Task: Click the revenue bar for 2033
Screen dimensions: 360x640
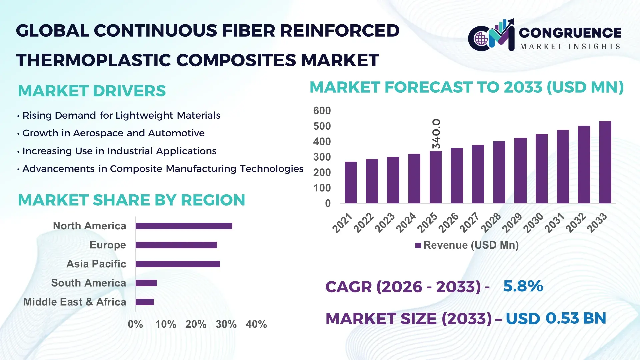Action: click(x=605, y=162)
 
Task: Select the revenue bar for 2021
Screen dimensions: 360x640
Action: click(x=350, y=183)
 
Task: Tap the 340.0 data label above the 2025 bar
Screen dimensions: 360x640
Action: click(x=436, y=134)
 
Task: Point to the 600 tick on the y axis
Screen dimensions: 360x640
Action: click(x=322, y=111)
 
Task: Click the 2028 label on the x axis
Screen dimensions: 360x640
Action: click(x=491, y=222)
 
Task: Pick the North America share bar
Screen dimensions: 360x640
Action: click(x=184, y=226)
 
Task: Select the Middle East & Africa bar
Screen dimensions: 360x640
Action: click(x=144, y=302)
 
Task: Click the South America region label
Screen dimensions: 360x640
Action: click(x=88, y=283)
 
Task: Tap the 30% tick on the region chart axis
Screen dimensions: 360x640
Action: click(x=226, y=324)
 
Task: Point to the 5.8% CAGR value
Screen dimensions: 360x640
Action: click(x=523, y=286)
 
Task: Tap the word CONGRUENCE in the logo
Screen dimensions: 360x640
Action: click(x=570, y=33)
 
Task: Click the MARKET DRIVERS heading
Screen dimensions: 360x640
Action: click(x=92, y=91)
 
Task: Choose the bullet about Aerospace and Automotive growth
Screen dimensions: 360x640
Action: click(x=113, y=133)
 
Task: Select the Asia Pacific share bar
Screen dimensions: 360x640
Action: click(x=178, y=264)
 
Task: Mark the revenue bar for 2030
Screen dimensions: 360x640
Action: click(x=541, y=169)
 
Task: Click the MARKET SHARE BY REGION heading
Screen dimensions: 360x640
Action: click(x=131, y=200)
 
